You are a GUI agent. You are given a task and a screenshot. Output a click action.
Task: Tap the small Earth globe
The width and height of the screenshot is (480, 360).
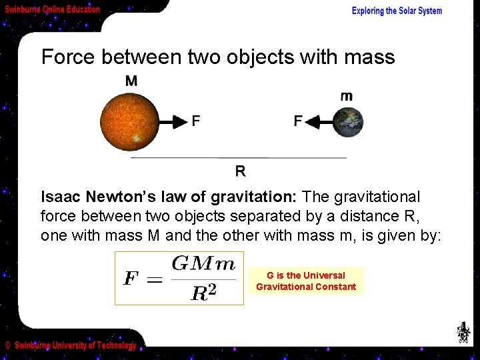(349, 122)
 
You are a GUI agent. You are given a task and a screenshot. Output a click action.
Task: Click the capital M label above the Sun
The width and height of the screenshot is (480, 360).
(132, 81)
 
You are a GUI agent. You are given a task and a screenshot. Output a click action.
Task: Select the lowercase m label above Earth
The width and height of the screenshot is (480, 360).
(347, 97)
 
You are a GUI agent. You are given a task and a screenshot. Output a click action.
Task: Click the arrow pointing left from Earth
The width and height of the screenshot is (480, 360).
(319, 122)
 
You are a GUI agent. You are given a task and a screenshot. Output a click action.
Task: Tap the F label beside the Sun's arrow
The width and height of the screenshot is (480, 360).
(196, 121)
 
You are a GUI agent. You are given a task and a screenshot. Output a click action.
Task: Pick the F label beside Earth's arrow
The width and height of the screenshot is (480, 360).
(298, 121)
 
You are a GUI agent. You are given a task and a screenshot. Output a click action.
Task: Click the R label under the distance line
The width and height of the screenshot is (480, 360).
(240, 171)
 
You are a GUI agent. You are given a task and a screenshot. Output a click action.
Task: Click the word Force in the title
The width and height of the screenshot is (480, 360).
(69, 57)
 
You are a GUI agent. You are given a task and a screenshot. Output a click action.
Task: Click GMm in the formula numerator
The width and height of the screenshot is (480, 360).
(203, 263)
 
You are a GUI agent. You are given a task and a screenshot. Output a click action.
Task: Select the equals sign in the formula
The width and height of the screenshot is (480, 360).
(154, 279)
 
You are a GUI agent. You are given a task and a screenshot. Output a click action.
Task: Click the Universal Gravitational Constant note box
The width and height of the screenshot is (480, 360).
(306, 281)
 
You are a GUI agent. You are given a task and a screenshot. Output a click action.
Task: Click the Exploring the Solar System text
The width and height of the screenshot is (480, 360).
(397, 11)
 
